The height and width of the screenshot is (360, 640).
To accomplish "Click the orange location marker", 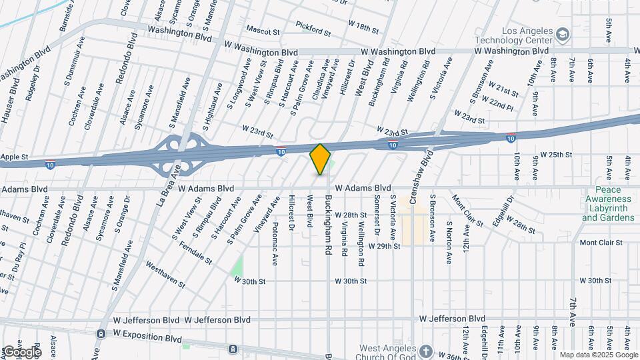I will coord(321,159).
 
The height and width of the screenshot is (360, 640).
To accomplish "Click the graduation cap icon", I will coord(563,33).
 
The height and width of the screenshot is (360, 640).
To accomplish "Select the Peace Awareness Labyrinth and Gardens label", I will coord(607,203).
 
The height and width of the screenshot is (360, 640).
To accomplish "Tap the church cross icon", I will coord(427,351).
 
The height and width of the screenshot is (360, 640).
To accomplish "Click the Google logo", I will coord(22,351).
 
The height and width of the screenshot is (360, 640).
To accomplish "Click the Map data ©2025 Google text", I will coord(598,355).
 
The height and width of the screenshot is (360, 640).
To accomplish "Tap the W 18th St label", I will coord(363,27).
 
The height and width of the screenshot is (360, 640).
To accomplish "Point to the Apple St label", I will coord(15,157).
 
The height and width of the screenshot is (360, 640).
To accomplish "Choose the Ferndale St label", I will coord(196,253).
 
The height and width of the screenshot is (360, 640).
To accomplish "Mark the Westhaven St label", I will coord(164,274).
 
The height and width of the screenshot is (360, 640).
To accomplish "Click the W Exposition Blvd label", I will coord(147,333).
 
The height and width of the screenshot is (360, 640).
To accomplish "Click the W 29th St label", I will coord(383,246).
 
